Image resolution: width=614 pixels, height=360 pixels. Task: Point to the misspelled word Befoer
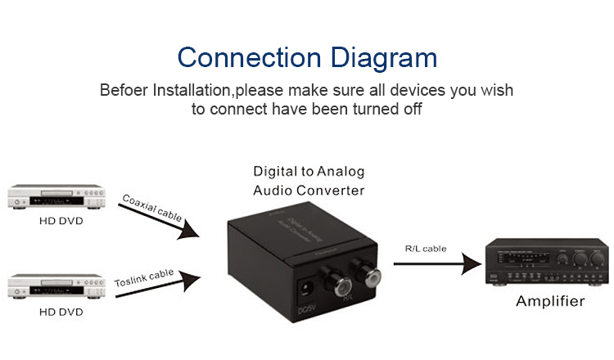click(x=124, y=90)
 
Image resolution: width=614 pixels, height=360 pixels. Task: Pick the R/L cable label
click(x=426, y=248)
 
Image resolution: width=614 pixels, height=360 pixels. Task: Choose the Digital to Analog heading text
click(x=309, y=172)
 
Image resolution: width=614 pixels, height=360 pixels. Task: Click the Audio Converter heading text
click(x=309, y=191)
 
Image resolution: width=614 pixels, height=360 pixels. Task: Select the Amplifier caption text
click(x=550, y=302)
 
